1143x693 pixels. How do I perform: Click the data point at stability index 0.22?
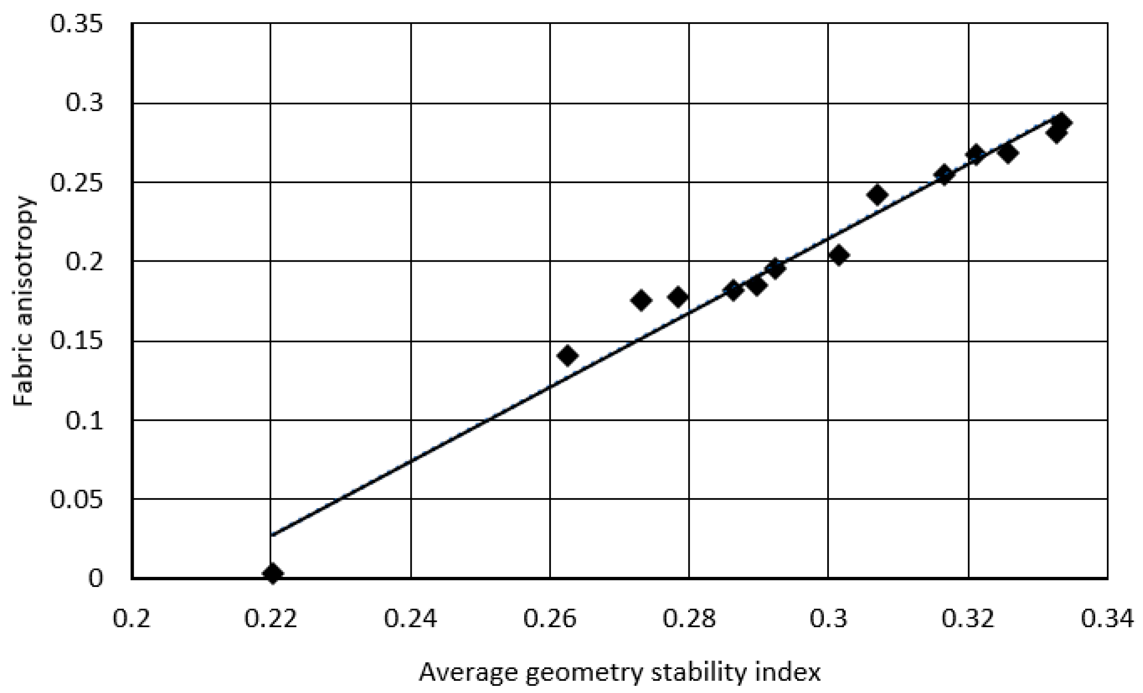click(x=273, y=574)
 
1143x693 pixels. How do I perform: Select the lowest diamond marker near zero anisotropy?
click(x=273, y=574)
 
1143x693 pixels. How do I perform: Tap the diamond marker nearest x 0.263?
click(x=568, y=356)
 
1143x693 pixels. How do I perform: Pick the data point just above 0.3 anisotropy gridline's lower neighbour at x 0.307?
click(x=877, y=195)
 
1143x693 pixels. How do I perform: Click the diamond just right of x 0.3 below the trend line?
click(x=839, y=255)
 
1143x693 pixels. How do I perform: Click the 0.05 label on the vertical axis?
click(x=77, y=500)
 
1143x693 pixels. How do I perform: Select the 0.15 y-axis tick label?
click(x=77, y=341)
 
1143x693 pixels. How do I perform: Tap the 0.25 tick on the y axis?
click(x=77, y=183)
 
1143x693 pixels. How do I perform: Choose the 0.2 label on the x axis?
click(x=132, y=619)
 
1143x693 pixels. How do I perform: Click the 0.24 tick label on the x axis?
click(x=410, y=619)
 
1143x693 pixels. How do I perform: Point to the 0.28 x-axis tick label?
click(x=689, y=619)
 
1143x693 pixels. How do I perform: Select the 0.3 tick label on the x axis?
click(x=829, y=619)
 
